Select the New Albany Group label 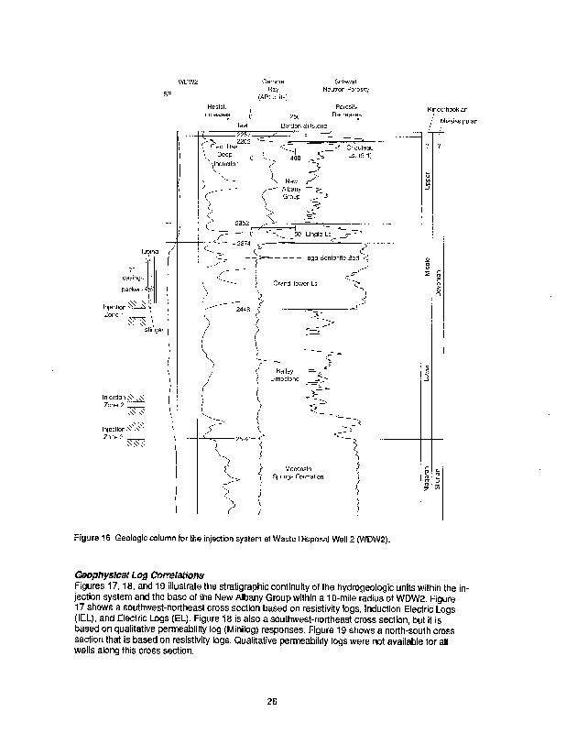pyautogui.click(x=292, y=188)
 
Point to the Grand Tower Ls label pyautogui.click(x=296, y=283)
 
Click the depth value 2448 pyautogui.click(x=243, y=311)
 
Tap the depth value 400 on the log pyautogui.click(x=295, y=159)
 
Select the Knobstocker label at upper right pyautogui.click(x=449, y=110)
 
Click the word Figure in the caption pyautogui.click(x=87, y=540)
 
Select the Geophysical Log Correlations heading pyautogui.click(x=138, y=574)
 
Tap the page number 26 pyautogui.click(x=272, y=702)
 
